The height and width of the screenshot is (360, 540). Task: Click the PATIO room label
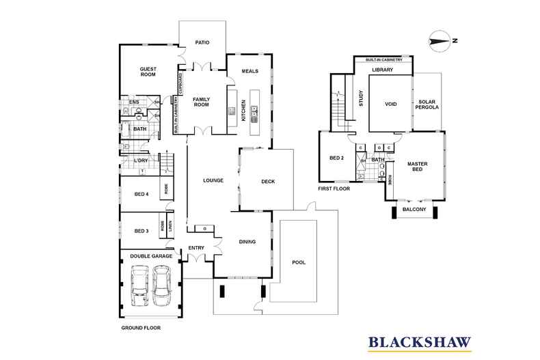(201, 42)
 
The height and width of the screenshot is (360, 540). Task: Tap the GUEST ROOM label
(148, 72)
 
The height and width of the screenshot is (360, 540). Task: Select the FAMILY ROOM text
(201, 102)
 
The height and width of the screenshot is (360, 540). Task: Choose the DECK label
(268, 181)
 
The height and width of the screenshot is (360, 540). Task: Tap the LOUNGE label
(214, 181)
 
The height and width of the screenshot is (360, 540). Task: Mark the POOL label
(299, 262)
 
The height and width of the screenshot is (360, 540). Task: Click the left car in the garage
(139, 286)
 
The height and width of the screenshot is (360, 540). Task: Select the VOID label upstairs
(390, 105)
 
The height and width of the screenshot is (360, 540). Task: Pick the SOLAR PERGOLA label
(427, 106)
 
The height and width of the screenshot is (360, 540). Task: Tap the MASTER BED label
(417, 167)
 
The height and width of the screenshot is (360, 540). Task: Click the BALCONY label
(416, 211)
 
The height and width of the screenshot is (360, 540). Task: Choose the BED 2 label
(336, 158)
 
